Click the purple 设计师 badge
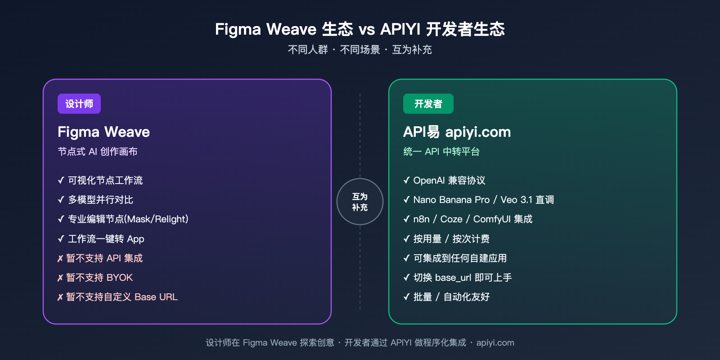click(x=79, y=104)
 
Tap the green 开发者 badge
click(x=428, y=104)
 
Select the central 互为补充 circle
click(x=360, y=202)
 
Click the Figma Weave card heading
click(x=103, y=132)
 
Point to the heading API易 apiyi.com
click(x=457, y=132)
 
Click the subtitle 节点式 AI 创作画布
click(x=98, y=152)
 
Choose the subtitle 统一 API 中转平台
click(x=441, y=152)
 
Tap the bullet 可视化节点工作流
click(x=105, y=180)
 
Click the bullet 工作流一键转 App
click(x=106, y=239)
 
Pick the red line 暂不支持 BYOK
click(x=99, y=278)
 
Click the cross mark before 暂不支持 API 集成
click(x=60, y=259)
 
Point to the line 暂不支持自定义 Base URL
click(x=121, y=297)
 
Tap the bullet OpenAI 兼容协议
click(x=449, y=180)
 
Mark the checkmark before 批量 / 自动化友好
click(x=406, y=297)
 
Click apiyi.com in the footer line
click(x=495, y=343)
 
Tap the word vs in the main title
click(x=367, y=30)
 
